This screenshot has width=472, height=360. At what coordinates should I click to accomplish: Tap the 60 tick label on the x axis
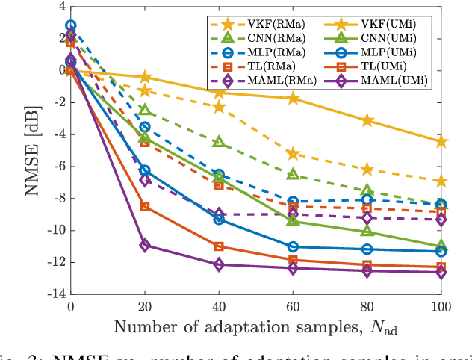[x=293, y=307]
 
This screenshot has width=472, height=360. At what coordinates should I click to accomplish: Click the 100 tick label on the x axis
[x=441, y=307]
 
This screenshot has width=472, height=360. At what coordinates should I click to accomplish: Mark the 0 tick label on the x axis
[x=70, y=307]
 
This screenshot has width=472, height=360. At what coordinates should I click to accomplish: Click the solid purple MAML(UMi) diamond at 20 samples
[x=145, y=245]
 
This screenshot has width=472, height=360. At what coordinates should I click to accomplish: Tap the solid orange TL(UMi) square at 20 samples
[x=145, y=206]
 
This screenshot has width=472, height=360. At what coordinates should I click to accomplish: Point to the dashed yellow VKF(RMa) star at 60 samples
[x=293, y=153]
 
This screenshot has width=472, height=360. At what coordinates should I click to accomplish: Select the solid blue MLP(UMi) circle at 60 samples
[x=293, y=246]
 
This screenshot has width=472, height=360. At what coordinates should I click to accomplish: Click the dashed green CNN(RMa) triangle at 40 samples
[x=219, y=142]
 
